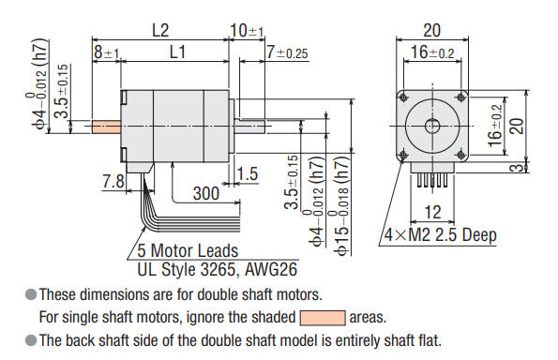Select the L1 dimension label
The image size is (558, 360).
(175, 54)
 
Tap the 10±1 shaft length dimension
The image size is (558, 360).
(246, 30)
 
